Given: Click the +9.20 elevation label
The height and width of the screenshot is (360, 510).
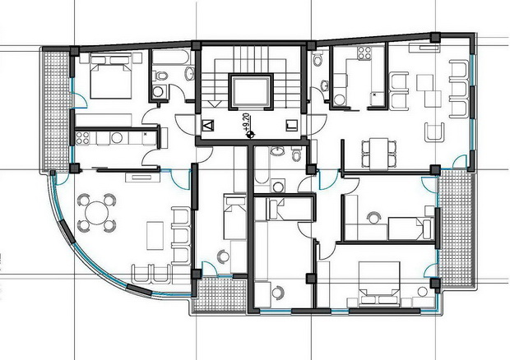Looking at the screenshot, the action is [246, 122].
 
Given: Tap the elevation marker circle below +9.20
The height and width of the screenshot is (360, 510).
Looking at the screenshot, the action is [250, 134].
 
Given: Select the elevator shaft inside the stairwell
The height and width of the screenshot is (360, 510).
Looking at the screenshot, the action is [250, 91].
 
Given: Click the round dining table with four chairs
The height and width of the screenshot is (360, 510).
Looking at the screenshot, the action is [96, 213].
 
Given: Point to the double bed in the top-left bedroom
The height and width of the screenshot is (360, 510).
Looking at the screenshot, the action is [110, 76].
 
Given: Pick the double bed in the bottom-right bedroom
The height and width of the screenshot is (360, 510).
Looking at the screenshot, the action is [379, 284].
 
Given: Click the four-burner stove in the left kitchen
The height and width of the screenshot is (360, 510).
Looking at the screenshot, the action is [82, 138].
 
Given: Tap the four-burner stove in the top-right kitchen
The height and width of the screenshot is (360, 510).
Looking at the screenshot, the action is [364, 53].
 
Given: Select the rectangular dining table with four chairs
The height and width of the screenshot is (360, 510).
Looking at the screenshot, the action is [379, 154].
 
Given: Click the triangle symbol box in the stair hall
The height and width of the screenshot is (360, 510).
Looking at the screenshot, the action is [208, 126].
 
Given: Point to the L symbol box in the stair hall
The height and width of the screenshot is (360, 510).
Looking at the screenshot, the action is [292, 126].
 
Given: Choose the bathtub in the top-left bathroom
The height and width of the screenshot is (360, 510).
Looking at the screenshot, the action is [171, 58].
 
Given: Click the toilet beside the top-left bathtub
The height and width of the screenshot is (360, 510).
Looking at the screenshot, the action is [160, 76].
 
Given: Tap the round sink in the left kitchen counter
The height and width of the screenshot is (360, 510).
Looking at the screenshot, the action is [117, 138].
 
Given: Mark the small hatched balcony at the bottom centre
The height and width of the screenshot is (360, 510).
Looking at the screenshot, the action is [220, 295].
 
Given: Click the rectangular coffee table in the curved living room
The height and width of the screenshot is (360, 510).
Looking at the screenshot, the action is [155, 236].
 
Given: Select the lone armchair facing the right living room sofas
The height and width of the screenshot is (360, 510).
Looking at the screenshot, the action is [434, 132].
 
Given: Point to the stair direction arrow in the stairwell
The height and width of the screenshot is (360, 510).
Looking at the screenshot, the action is [215, 104].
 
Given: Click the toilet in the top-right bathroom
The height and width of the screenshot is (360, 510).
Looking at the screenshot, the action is [318, 59].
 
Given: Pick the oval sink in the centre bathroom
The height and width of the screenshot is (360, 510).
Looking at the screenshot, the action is [276, 150].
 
